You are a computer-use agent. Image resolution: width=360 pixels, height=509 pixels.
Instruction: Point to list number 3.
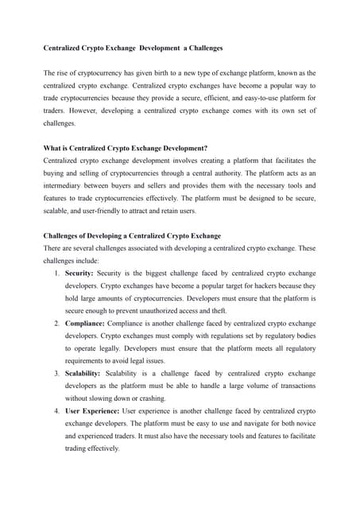pyautogui.click(x=56, y=373)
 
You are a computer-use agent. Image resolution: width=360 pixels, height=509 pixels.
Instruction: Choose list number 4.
pyautogui.click(x=56, y=411)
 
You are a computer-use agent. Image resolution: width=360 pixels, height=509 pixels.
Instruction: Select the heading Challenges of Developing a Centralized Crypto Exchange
pyautogui.click(x=132, y=235)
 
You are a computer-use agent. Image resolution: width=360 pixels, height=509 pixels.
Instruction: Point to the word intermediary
pyautogui.click(x=66, y=185)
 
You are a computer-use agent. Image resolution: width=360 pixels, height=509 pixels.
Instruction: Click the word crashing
pyautogui.click(x=150, y=398)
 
